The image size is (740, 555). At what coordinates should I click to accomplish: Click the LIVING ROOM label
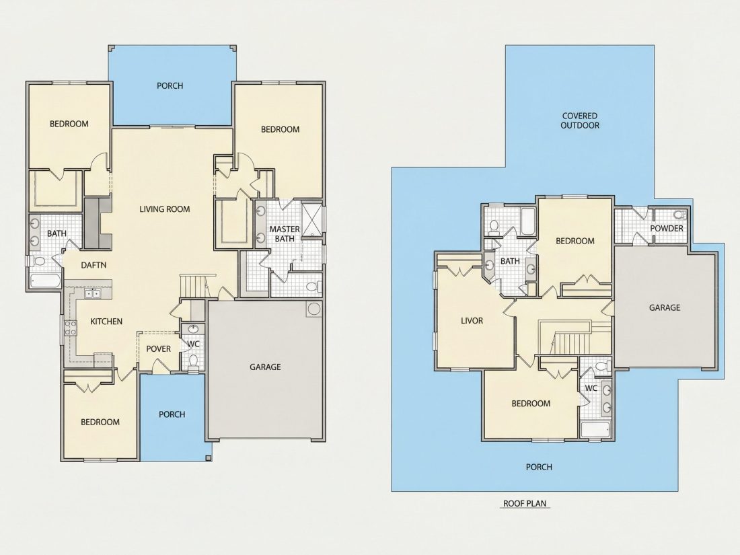[x=165, y=209]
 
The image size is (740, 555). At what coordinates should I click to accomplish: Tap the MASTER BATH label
[x=285, y=233]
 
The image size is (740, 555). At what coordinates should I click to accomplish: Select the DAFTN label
[x=94, y=265]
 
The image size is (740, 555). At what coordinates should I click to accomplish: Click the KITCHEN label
[x=106, y=322]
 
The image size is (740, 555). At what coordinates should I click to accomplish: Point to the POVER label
[x=159, y=349]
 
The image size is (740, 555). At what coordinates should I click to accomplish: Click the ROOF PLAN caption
[x=525, y=504]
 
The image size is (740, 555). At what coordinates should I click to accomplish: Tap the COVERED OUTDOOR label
[x=580, y=121]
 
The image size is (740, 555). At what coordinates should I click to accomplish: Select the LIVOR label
[x=472, y=321]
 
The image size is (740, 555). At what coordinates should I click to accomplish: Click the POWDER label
[x=667, y=229]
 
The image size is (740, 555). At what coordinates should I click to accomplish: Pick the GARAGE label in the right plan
[x=665, y=307]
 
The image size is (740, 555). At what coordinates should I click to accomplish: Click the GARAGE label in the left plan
[x=265, y=367]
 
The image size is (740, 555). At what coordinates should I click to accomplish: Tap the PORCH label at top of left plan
[x=170, y=86]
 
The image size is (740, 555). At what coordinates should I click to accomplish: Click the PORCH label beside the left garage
[x=172, y=414]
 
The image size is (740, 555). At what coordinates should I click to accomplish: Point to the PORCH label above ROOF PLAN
[x=539, y=468]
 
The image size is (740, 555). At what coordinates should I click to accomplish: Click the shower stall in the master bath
[x=311, y=219]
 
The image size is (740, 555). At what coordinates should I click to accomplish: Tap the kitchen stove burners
[x=71, y=328]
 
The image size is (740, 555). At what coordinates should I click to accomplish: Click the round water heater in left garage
[x=313, y=309]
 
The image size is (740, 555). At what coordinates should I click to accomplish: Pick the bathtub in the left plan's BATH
[x=46, y=281]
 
